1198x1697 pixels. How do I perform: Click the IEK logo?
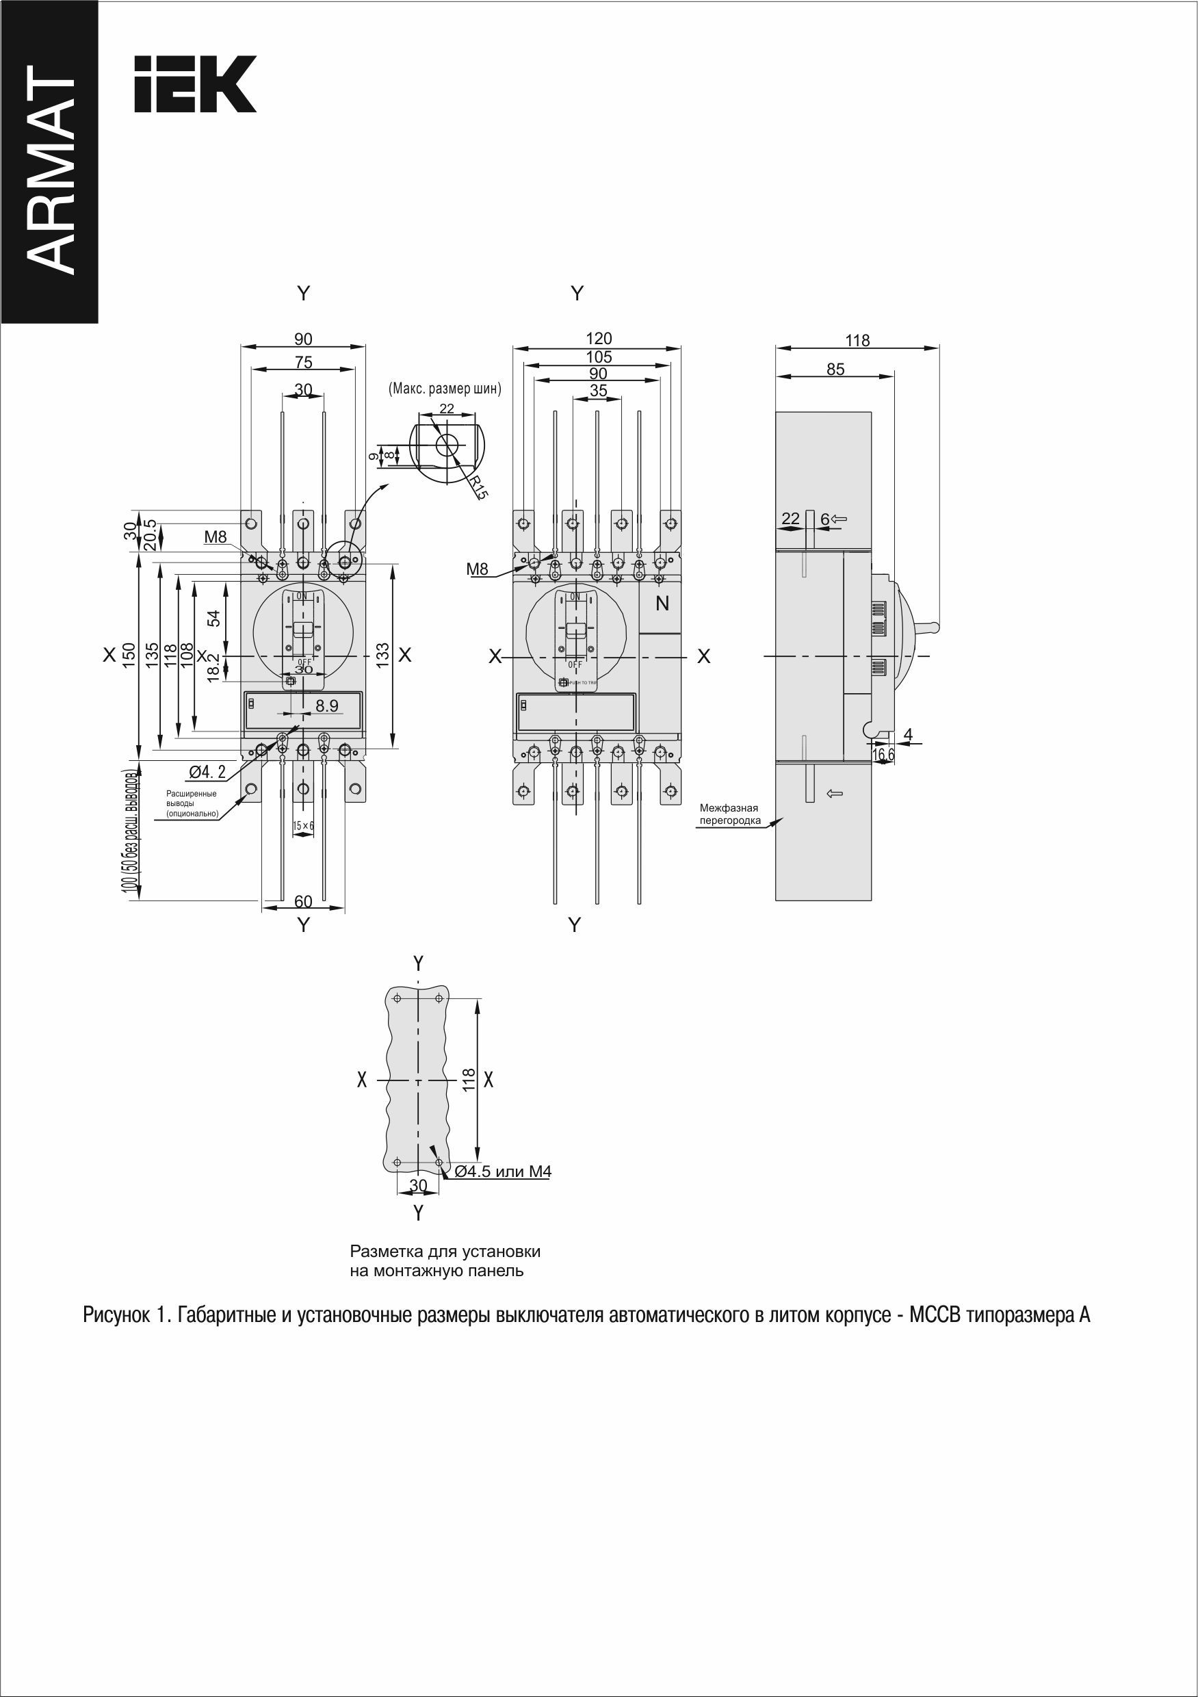[x=195, y=83]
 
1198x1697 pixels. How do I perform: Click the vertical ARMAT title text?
[x=49, y=170]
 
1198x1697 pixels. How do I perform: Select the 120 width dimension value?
[x=599, y=339]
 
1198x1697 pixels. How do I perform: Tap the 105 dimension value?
[x=599, y=357]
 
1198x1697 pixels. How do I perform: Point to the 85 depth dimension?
[x=835, y=369]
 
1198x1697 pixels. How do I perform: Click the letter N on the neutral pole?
[x=662, y=604]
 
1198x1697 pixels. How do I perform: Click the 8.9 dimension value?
[x=326, y=706]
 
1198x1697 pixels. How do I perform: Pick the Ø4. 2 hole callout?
[x=208, y=773]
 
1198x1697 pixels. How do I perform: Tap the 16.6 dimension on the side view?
[x=883, y=755]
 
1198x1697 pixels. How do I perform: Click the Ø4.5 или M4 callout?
[x=504, y=1171]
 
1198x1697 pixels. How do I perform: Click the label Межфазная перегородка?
[x=730, y=814]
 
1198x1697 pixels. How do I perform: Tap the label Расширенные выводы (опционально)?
[x=192, y=804]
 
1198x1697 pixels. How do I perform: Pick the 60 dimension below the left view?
[x=303, y=902]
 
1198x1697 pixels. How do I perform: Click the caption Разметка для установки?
[x=445, y=1252]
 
